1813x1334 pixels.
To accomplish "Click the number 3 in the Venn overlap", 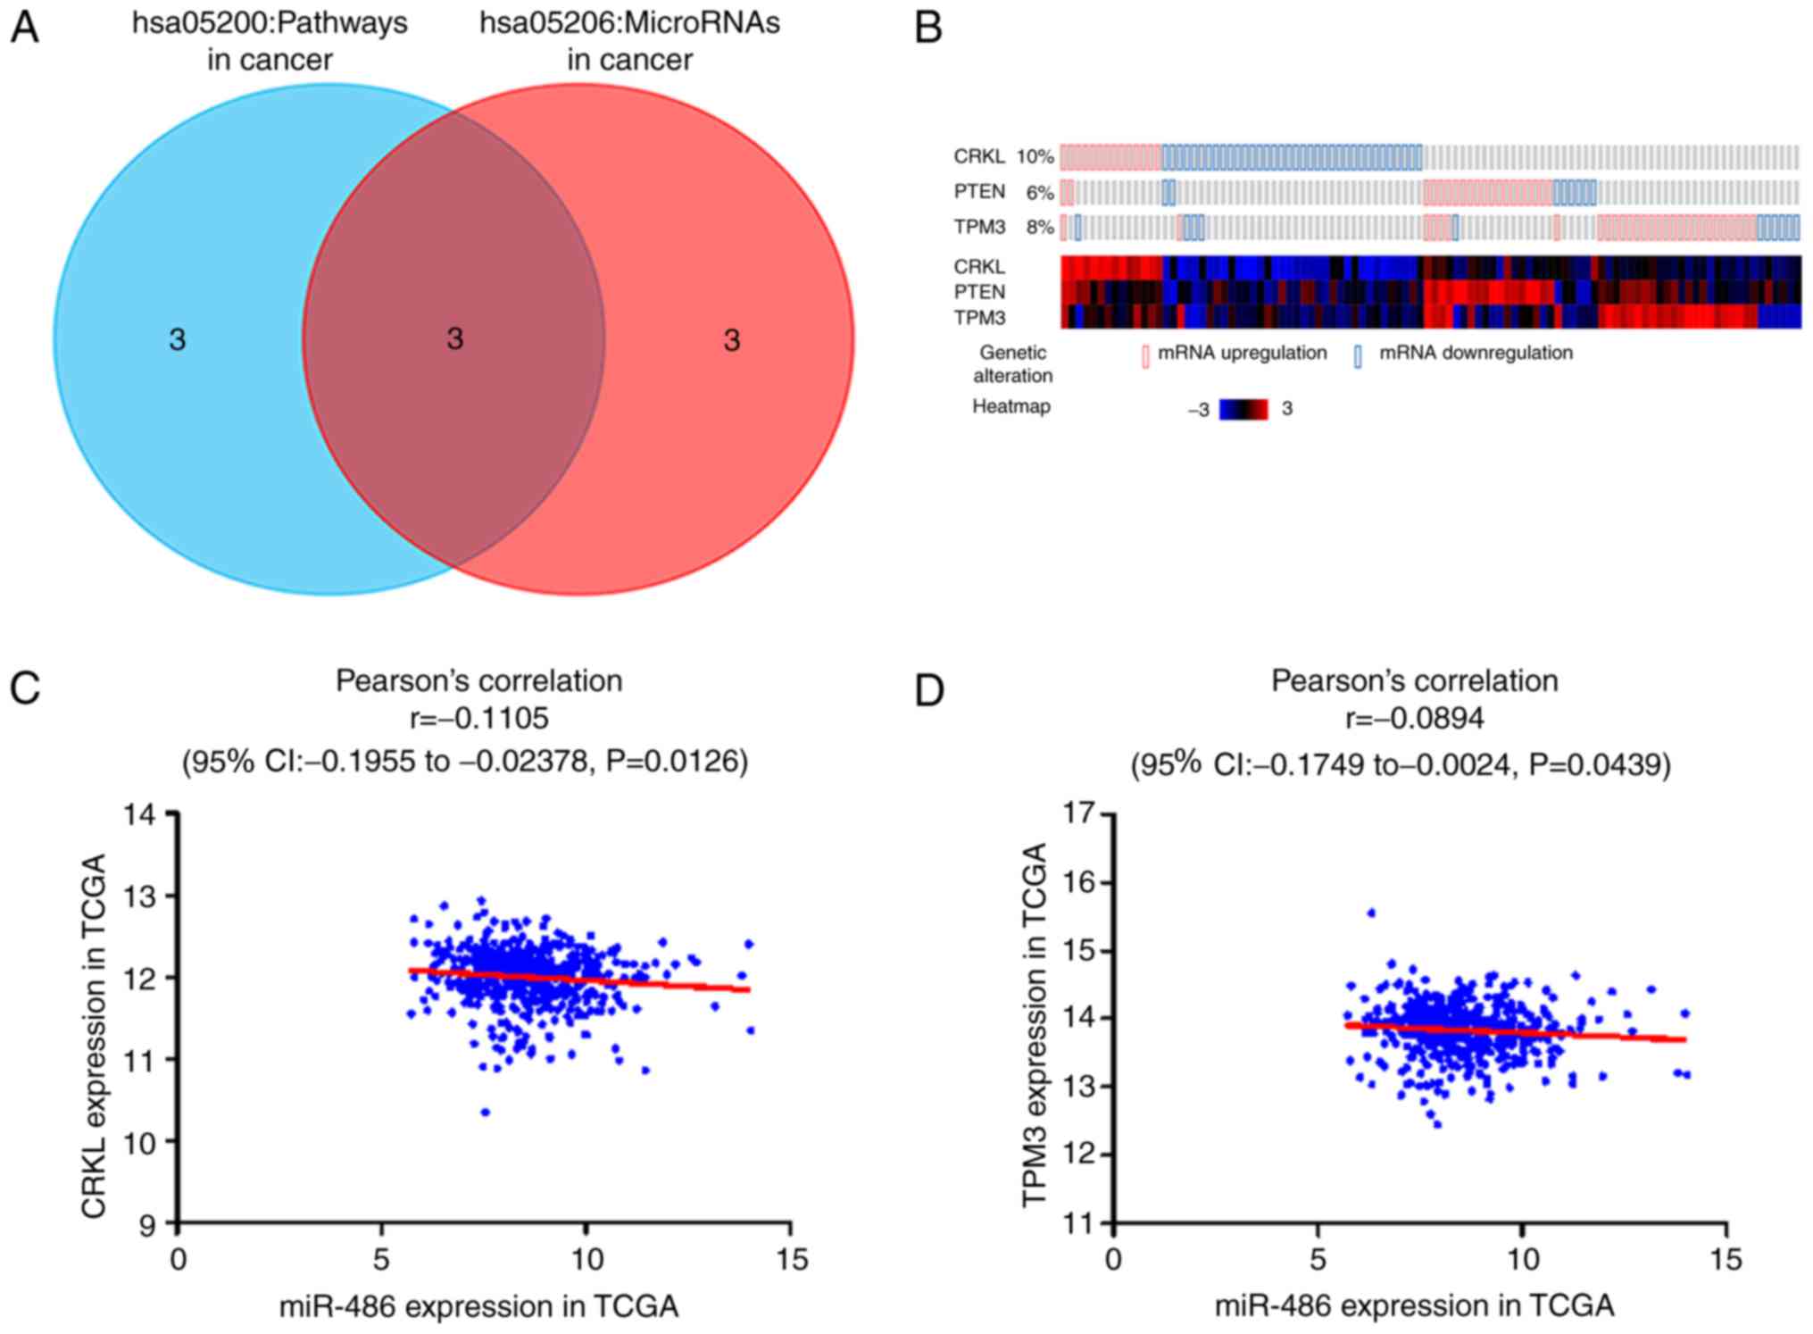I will (455, 339).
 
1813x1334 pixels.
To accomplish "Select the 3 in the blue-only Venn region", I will (178, 340).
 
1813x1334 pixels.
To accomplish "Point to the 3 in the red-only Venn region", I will (732, 340).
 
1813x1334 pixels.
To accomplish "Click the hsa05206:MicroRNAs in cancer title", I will (629, 41).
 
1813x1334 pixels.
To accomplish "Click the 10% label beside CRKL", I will (1035, 157).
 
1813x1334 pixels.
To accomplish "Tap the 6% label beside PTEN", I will (1039, 192).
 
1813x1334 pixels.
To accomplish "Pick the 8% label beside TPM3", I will (1039, 227).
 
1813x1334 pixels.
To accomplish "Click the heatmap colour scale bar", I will (1243, 409).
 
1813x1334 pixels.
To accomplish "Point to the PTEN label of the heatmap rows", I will (979, 292).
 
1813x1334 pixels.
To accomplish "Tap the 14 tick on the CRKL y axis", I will (145, 814).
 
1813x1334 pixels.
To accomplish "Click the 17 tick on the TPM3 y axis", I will (1080, 814).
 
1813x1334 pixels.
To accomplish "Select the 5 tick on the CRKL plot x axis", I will (382, 1259).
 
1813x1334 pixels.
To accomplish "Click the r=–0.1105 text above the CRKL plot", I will (478, 718).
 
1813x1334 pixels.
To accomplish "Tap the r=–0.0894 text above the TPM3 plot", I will (1414, 718).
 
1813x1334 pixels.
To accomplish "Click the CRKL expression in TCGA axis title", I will (95, 1036).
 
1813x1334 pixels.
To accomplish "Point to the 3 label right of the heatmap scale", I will (1286, 409).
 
